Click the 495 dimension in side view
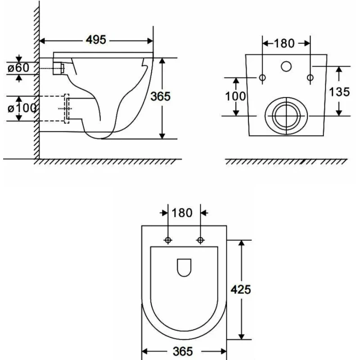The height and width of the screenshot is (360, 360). click(96, 40)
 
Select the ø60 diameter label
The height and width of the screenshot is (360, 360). click(18, 68)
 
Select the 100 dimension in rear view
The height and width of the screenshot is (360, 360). click(235, 96)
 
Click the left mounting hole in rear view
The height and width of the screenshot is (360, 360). click(262, 78)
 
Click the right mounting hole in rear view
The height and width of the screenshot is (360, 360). click(310, 78)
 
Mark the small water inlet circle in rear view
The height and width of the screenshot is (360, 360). click(286, 66)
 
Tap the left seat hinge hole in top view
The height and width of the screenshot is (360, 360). click(168, 240)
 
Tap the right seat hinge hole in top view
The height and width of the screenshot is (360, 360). click(200, 240)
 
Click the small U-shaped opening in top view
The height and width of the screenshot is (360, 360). click(184, 267)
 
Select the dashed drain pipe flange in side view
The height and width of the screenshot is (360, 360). click(67, 108)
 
